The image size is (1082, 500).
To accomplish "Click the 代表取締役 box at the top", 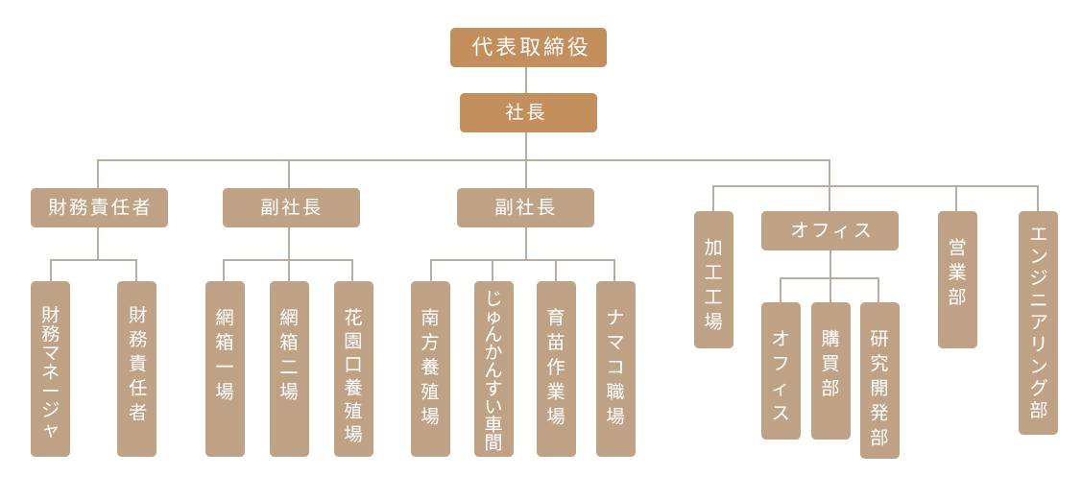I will (528, 47).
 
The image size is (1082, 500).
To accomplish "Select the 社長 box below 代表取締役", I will (528, 112).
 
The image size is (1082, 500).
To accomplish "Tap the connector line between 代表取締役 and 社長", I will (526, 80).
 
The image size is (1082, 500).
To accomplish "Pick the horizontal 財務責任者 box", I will (99, 207).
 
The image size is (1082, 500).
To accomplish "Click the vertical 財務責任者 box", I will (136, 369).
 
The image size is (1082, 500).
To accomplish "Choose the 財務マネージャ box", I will (50, 369).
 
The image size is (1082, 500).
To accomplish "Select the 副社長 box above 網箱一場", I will (291, 207).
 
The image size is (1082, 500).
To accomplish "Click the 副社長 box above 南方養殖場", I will (525, 207).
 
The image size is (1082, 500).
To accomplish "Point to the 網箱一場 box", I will (225, 369).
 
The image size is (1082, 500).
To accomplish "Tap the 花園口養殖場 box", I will (353, 369).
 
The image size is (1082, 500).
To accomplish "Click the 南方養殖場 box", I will (430, 369).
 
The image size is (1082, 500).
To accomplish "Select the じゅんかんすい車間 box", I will (493, 369).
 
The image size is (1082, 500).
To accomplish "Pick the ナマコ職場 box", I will (615, 369).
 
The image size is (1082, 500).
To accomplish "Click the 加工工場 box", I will (713, 279).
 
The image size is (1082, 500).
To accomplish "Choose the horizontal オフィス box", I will (830, 230).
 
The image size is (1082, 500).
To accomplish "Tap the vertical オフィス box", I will (781, 370).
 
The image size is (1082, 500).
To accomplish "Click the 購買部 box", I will (830, 370).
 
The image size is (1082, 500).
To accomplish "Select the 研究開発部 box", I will (879, 380).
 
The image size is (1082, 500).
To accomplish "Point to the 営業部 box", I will (957, 279).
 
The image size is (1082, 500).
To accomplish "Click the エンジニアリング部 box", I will (1038, 322).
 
